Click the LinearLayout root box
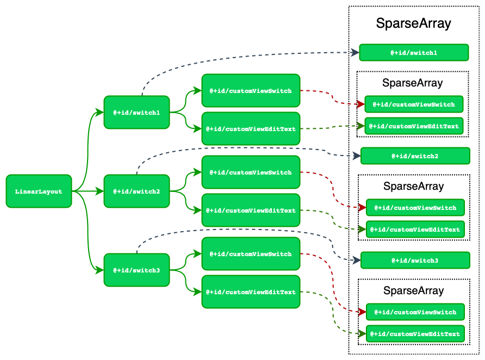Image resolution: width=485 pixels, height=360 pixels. (x=39, y=191)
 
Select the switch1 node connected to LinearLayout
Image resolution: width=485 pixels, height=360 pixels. (x=136, y=113)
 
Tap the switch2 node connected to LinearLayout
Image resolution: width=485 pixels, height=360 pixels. (x=136, y=191)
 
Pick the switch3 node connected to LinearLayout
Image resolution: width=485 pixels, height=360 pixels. (x=136, y=270)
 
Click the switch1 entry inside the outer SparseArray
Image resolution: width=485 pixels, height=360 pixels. (x=414, y=53)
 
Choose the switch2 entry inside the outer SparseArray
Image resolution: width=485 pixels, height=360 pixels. (x=415, y=156)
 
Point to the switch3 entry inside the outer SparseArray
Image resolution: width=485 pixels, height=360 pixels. (x=415, y=260)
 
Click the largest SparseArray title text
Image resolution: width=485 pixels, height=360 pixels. (x=413, y=23)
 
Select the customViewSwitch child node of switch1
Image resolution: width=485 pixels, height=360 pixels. (x=251, y=91)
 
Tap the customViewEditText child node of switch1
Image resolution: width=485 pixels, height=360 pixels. (x=251, y=129)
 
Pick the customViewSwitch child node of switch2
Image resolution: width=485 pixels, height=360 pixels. (x=251, y=172)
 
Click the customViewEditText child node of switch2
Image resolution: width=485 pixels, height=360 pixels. (x=251, y=210)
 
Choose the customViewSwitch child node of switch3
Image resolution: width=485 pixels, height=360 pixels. (x=251, y=254)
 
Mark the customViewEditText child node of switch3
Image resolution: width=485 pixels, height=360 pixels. (x=251, y=292)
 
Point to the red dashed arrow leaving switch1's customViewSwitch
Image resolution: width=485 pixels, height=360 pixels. (x=332, y=97)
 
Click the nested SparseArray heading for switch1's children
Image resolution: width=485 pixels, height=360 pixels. (x=412, y=83)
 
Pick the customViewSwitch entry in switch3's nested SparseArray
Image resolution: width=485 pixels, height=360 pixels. (x=415, y=312)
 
